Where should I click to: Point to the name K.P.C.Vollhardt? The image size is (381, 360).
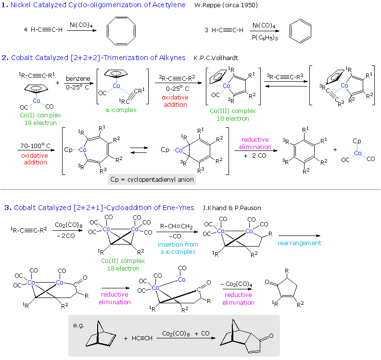[216, 58]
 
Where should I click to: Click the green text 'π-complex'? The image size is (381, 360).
[121, 110]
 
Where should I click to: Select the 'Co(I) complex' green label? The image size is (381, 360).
[35, 115]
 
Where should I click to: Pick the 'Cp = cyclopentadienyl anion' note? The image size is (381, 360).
[152, 180]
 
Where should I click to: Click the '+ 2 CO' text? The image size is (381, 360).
[255, 156]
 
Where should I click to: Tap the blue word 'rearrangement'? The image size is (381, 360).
[299, 243]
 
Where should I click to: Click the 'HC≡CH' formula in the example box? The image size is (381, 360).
[142, 338]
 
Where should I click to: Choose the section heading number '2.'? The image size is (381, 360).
[5, 58]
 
